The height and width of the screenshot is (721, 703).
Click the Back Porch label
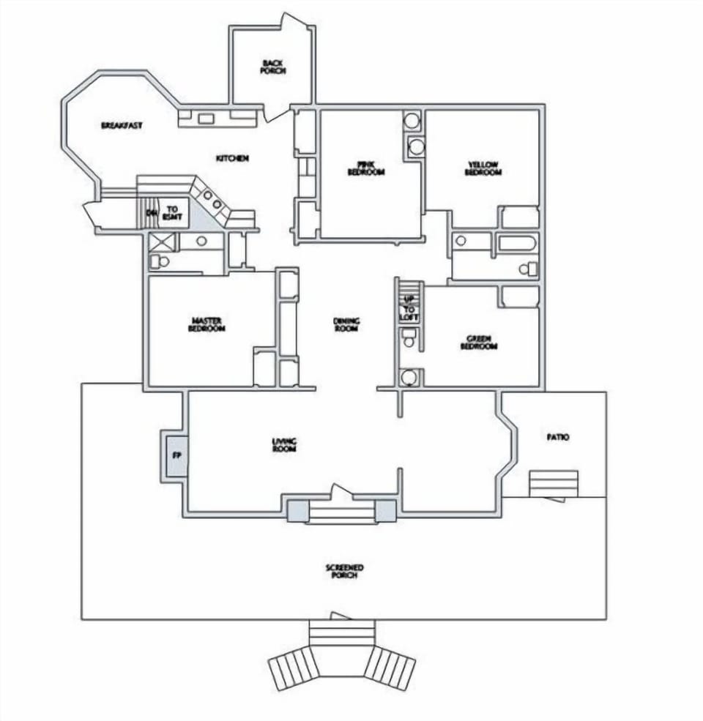point(272,67)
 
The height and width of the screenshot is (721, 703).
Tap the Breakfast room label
point(122,126)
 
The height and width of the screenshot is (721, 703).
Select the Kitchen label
point(233,158)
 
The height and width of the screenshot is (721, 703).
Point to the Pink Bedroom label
point(366,168)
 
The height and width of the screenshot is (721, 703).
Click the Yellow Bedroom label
point(483,168)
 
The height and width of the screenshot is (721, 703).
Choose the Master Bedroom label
point(207,324)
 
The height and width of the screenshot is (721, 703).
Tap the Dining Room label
point(346,324)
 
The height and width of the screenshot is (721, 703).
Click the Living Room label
point(283,444)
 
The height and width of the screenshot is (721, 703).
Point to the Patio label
point(558,437)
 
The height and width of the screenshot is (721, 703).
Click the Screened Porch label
point(344,572)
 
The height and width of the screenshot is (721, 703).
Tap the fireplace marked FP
point(176,455)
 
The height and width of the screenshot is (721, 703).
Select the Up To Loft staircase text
point(409,308)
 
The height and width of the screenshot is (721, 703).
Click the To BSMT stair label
point(173,213)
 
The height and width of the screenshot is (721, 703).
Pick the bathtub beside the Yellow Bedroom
point(518,243)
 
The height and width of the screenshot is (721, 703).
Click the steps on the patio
point(554,483)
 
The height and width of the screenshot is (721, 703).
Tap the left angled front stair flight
point(292,668)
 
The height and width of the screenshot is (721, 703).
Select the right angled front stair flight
point(390,668)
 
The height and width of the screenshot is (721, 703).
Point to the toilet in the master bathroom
point(160,261)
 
